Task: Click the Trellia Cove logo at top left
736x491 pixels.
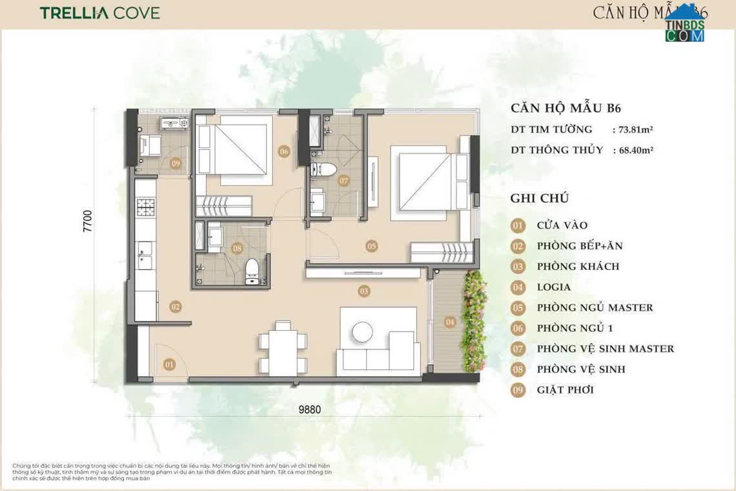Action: [99, 13]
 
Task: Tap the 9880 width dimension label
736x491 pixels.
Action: [310, 408]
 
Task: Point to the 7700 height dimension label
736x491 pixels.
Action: [88, 222]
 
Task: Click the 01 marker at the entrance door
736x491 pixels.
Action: [169, 365]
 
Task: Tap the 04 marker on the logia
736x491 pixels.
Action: [449, 321]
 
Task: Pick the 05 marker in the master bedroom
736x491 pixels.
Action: [371, 245]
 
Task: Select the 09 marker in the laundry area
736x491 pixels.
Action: [176, 163]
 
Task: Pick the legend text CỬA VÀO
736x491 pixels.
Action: [562, 225]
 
